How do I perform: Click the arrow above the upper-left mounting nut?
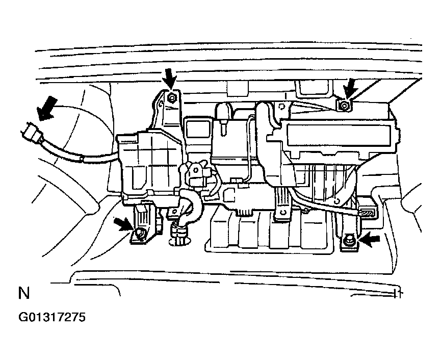point(170,78)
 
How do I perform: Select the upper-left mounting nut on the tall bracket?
point(172,98)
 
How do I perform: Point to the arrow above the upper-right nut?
point(350,88)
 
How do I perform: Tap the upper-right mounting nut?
point(344,106)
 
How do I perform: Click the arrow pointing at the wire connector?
point(46,108)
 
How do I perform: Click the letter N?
point(23,293)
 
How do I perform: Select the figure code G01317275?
point(52,317)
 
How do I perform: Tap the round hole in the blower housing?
point(336,201)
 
